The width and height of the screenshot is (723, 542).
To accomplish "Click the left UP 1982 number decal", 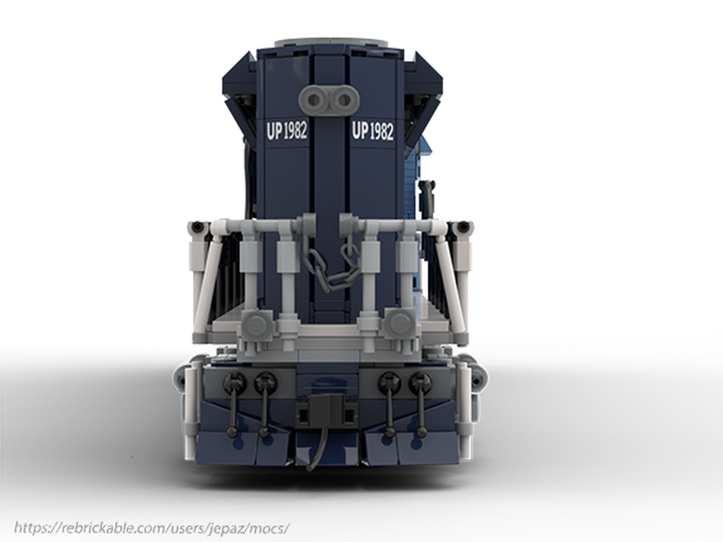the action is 287,131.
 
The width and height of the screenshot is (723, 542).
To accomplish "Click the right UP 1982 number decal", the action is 373,131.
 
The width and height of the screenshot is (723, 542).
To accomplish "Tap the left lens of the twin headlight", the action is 315,100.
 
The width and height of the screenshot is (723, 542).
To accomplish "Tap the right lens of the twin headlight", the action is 343,100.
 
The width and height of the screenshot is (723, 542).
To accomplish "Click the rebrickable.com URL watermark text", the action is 152,528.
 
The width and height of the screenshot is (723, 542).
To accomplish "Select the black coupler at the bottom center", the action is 327,410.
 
